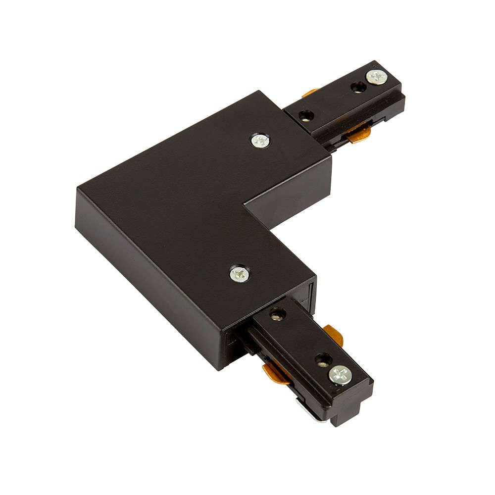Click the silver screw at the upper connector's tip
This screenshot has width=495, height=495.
point(376,77)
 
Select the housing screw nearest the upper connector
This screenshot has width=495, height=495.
point(260,141)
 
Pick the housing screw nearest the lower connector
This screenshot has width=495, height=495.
point(240,273)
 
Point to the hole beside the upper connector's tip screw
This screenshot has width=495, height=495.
point(357,87)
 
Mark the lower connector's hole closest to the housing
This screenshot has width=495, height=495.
point(277,313)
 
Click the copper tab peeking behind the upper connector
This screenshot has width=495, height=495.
point(310,92)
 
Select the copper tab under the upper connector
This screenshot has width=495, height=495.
point(357,133)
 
